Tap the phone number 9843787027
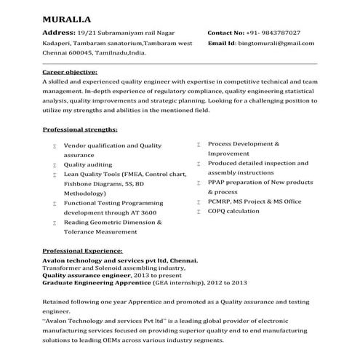coord(279,33)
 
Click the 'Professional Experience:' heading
coord(82,249)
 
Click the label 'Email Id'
coord(222,44)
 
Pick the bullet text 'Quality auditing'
coord(90,165)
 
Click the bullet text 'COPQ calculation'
coord(233,211)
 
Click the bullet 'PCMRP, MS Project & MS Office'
coord(255,201)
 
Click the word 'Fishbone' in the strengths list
coord(79,184)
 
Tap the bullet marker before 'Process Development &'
coord(199,145)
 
